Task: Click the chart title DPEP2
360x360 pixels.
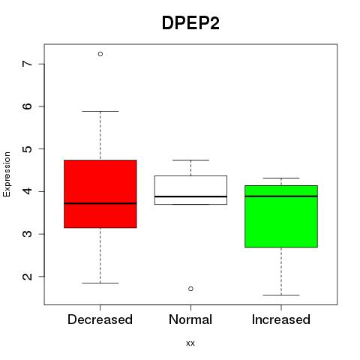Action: pyautogui.click(x=190, y=23)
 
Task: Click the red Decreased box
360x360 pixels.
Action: pyautogui.click(x=100, y=193)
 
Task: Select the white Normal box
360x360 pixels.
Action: pyautogui.click(x=190, y=190)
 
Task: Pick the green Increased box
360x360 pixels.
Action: pyautogui.click(x=281, y=216)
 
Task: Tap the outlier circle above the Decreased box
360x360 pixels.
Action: pyautogui.click(x=100, y=54)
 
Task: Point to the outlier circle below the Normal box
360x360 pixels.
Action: pyautogui.click(x=190, y=289)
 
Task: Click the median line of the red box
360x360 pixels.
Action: pyautogui.click(x=100, y=203)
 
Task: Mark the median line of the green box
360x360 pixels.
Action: pyautogui.click(x=281, y=196)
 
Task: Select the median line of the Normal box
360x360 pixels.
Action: pyautogui.click(x=190, y=196)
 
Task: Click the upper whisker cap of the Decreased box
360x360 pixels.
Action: pyautogui.click(x=100, y=111)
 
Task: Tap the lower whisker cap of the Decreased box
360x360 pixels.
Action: pyautogui.click(x=100, y=283)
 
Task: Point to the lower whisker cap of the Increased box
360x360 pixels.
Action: pyautogui.click(x=281, y=295)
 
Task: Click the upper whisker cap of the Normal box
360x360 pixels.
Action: pyautogui.click(x=190, y=160)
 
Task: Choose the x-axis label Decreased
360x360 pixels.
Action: pyautogui.click(x=100, y=319)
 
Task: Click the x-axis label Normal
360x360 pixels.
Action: pyautogui.click(x=190, y=319)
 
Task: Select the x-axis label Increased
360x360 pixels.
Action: pyautogui.click(x=281, y=319)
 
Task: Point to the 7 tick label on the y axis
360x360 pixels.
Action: pyautogui.click(x=28, y=64)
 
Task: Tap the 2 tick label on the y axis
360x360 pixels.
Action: pyautogui.click(x=28, y=276)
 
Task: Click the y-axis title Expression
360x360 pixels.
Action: pyautogui.click(x=7, y=174)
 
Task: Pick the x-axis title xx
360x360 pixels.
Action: pyautogui.click(x=190, y=343)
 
